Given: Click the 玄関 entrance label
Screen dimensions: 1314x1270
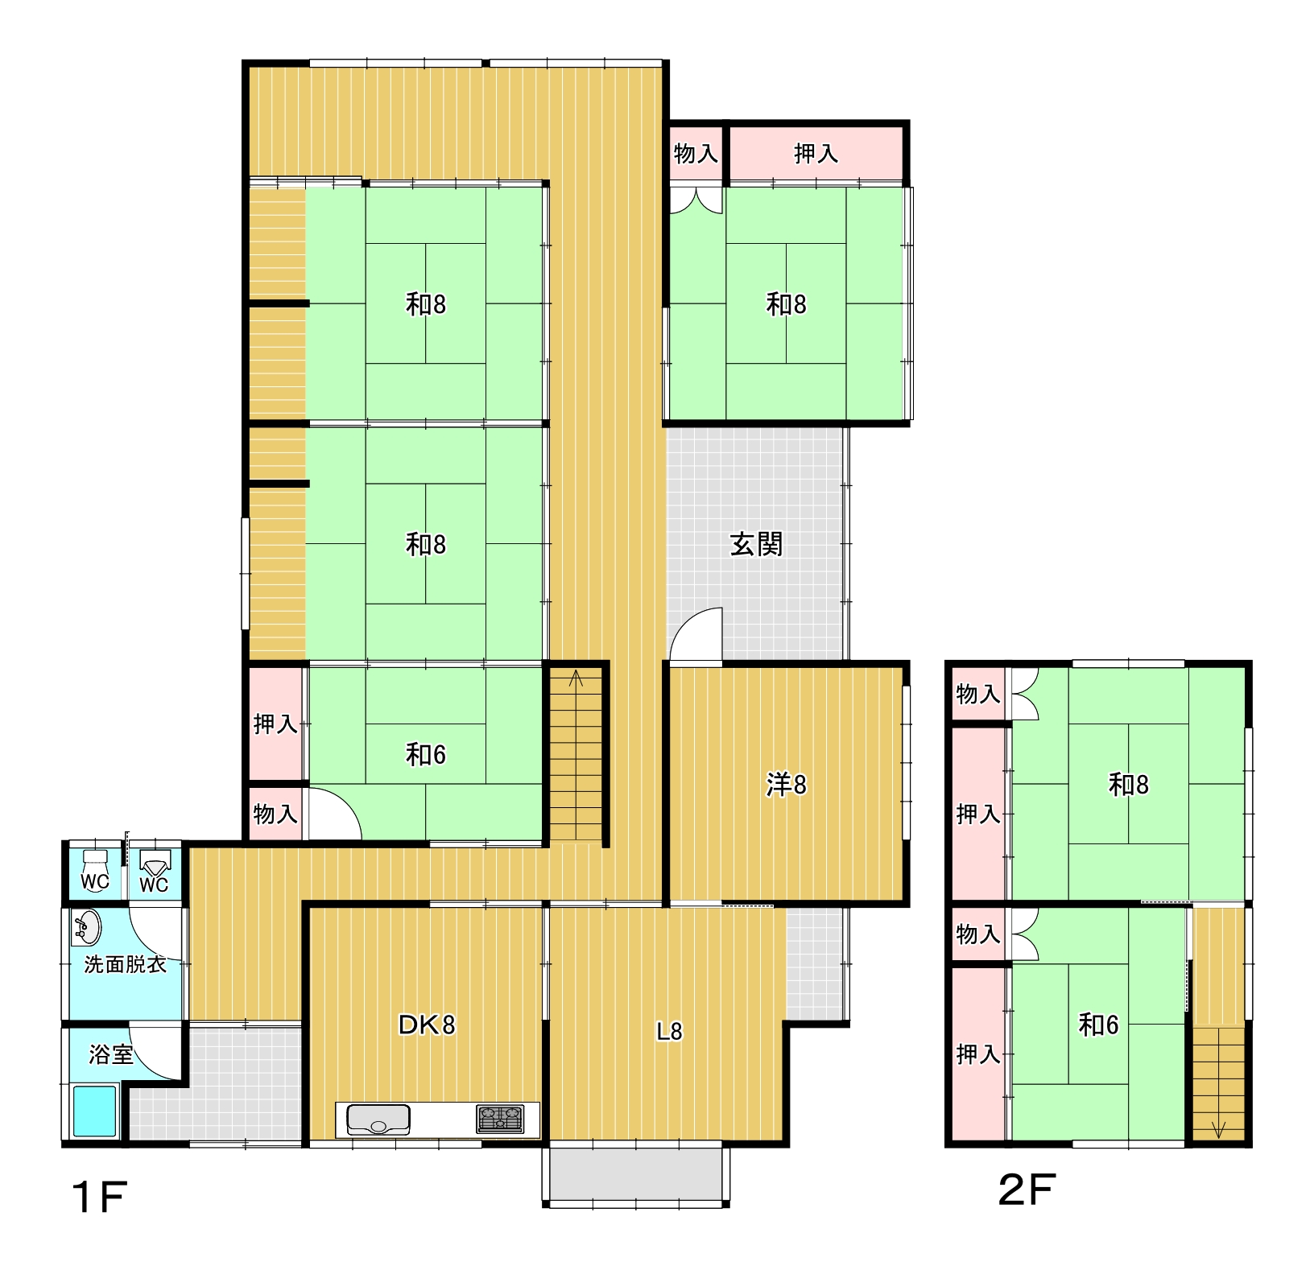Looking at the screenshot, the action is pyautogui.click(x=756, y=545).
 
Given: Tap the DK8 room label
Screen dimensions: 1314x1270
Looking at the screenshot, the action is pyautogui.click(x=427, y=1025).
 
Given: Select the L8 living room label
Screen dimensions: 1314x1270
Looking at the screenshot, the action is pyautogui.click(x=669, y=1031).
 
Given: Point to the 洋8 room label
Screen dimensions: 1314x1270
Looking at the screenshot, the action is pyautogui.click(x=786, y=785).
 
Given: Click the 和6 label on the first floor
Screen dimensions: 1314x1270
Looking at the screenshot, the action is pyautogui.click(x=426, y=755).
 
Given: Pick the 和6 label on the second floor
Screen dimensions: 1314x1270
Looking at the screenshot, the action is pyautogui.click(x=1098, y=1025).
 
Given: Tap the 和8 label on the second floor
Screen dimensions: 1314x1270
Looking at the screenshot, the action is pyautogui.click(x=1129, y=785).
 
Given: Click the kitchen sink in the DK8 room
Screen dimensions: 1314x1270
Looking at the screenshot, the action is pyautogui.click(x=378, y=1119).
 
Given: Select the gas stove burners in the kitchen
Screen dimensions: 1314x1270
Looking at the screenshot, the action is pyautogui.click(x=499, y=1119).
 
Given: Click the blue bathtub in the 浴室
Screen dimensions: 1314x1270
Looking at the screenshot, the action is pyautogui.click(x=95, y=1111).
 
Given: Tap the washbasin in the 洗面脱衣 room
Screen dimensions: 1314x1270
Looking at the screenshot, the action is pyautogui.click(x=87, y=927).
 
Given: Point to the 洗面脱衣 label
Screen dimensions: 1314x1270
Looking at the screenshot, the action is pyautogui.click(x=125, y=964).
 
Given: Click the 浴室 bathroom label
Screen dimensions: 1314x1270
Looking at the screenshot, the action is pyautogui.click(x=111, y=1054).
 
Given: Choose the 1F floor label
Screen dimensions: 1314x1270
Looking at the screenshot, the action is pyautogui.click(x=100, y=1198).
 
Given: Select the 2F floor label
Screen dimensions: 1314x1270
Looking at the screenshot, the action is pyautogui.click(x=1027, y=1190).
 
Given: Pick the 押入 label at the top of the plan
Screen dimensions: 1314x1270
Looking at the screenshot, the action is pyautogui.click(x=816, y=153).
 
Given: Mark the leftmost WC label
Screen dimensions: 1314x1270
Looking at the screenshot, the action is pyautogui.click(x=95, y=881).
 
